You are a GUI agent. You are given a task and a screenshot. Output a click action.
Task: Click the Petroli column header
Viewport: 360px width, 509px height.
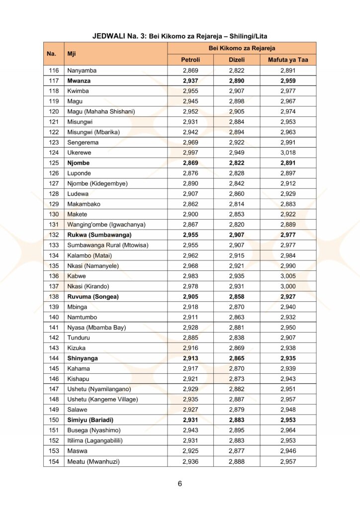(190, 60)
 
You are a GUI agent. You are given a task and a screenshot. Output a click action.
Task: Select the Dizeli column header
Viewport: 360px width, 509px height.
(237, 60)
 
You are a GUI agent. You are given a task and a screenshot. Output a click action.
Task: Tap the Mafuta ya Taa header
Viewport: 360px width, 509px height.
(288, 60)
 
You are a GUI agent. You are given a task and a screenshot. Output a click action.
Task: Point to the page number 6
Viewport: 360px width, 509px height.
(180, 484)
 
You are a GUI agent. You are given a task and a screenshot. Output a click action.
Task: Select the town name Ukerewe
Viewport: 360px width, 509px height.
(80, 153)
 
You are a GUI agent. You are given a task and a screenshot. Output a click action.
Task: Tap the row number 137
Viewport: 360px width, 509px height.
(53, 286)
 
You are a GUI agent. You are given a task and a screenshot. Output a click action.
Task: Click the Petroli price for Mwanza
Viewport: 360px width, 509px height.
(190, 81)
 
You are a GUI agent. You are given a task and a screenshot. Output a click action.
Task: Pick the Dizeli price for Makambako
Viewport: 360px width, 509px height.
(237, 204)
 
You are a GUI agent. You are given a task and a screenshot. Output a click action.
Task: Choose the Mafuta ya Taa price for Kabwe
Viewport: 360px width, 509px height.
(288, 276)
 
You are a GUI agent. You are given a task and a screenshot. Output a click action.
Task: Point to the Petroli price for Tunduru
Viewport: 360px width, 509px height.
(190, 338)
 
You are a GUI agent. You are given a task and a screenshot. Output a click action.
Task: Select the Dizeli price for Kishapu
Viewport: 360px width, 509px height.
(237, 379)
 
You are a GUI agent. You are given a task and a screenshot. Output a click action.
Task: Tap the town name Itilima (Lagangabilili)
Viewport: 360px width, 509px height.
(95, 440)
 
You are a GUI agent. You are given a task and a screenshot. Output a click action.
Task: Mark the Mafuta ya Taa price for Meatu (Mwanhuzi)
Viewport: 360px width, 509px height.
(288, 461)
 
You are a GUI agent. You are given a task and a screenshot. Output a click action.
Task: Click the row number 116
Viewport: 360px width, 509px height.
(53, 71)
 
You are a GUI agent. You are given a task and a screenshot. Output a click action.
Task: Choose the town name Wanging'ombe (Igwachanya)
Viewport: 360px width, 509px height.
(106, 225)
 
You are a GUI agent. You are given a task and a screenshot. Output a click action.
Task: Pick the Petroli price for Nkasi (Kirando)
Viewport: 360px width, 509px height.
(190, 286)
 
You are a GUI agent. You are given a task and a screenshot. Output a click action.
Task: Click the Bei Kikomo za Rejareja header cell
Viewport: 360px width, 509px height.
(241, 48)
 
